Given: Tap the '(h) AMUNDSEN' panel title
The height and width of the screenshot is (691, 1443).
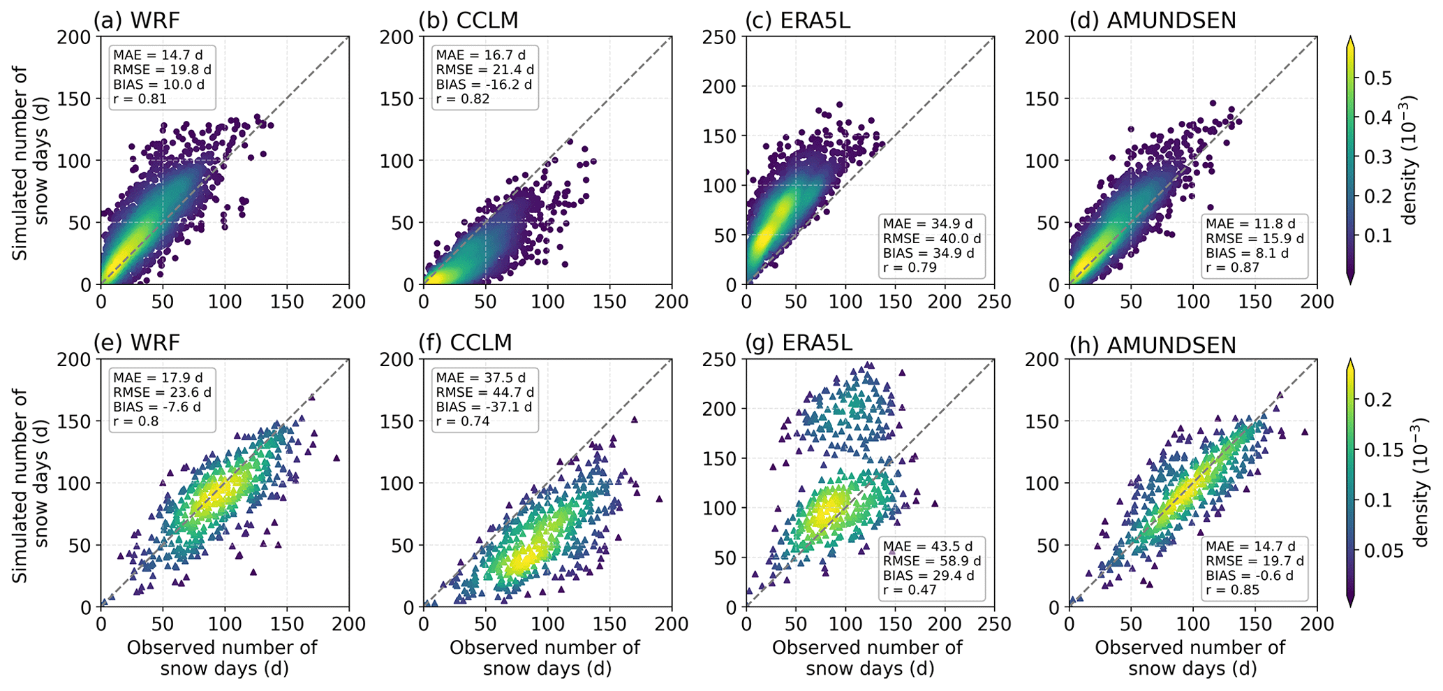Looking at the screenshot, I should coord(1153,344).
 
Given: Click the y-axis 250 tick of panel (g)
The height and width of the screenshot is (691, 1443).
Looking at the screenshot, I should coord(723,359).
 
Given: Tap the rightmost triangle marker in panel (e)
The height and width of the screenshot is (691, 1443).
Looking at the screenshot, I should coord(336,458).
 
